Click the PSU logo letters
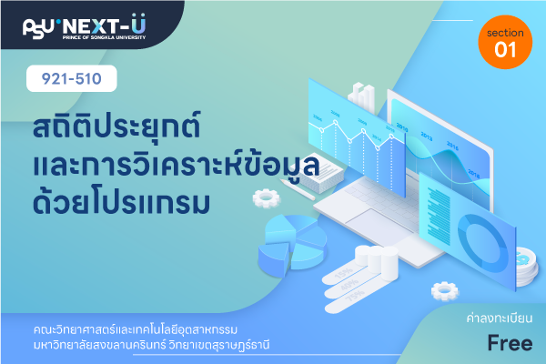pos(38,28)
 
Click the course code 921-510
pos(71,79)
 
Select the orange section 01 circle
pos(505,42)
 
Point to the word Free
pos(510,343)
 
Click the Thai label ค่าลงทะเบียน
pos(500,318)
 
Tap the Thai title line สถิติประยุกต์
pos(116,126)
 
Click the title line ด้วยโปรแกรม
pos(121,201)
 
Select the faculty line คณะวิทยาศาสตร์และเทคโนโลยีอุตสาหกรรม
pos(136,329)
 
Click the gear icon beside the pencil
pos(267,198)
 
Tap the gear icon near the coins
pos(445,291)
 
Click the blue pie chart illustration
pos(292,245)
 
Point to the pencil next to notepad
pos(298,190)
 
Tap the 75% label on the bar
pos(355,296)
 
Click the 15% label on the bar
pos(344,273)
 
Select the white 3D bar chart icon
pos(362,97)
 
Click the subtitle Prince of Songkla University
pos(104,37)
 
